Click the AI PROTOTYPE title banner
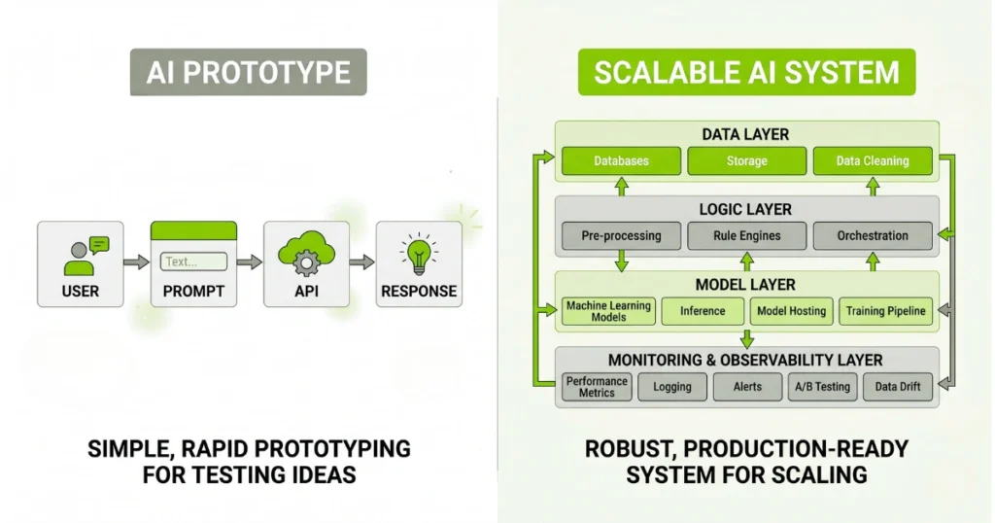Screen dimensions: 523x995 coord(249,72)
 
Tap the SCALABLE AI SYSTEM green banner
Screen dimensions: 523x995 coord(746,72)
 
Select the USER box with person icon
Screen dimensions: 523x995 coord(80,262)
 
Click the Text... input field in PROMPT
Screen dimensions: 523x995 coord(193,261)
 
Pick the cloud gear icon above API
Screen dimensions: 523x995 coord(306,253)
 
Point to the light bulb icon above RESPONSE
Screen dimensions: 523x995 coord(419,252)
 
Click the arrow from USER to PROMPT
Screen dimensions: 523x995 coord(136,261)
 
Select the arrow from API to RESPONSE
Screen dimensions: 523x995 coord(362,261)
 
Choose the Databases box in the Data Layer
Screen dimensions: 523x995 coord(621,160)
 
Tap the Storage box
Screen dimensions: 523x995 coord(746,160)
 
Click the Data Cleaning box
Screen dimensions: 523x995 coord(872,160)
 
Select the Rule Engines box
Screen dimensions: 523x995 coord(746,235)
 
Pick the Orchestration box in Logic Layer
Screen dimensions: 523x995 coord(872,235)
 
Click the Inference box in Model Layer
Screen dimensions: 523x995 coord(702,311)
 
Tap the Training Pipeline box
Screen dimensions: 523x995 coord(885,311)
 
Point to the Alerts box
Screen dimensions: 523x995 coord(746,386)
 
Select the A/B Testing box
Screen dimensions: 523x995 coord(821,386)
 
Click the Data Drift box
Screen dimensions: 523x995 coord(897,386)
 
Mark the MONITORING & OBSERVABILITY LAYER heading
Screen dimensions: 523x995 coord(746,360)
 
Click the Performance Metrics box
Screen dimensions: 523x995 coord(597,386)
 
